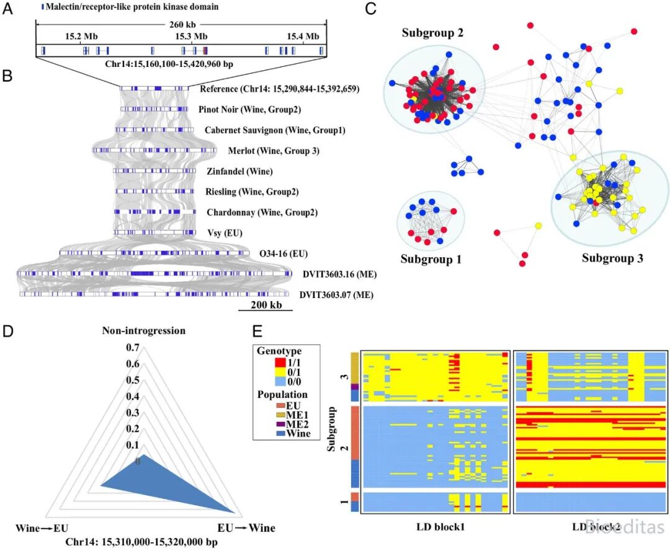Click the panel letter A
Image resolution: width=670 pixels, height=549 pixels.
pos(7,9)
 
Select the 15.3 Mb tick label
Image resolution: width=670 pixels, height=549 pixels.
pos(191,37)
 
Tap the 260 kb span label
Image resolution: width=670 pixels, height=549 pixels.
pos(182,25)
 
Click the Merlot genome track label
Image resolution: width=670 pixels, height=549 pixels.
pos(274,151)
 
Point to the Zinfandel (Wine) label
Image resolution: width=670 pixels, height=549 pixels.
pos(239,171)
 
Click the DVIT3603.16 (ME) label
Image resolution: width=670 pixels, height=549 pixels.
pos(340,274)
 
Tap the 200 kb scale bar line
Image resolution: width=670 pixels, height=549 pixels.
pos(266,310)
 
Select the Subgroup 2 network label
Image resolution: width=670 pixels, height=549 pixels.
pos(432,33)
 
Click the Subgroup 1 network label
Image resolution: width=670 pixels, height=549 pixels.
pos(431,259)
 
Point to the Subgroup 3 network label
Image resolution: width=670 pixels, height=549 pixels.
pos(612,258)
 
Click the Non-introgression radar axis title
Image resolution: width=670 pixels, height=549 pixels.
pos(143,331)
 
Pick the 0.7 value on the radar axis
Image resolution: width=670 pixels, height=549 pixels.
pos(133,348)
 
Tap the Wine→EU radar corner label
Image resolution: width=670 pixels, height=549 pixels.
pos(42,528)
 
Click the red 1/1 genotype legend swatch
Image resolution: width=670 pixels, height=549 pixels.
pos(280,362)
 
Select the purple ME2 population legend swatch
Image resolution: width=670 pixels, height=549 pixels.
pos(281,424)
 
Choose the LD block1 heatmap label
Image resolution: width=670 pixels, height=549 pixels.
pos(440,527)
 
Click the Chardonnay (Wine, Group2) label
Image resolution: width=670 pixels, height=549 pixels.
pos(262,212)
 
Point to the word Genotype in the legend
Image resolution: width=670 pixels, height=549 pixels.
pos(279,351)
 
